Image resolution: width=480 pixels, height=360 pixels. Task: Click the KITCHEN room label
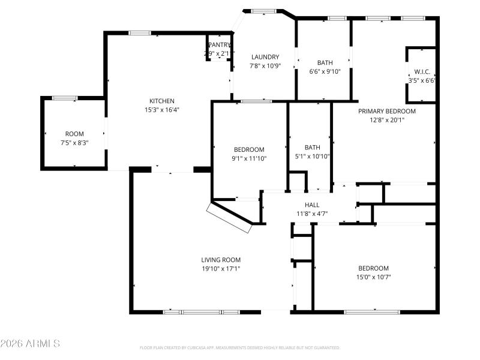click(162, 101)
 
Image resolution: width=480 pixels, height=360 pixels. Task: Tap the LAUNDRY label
click(265, 57)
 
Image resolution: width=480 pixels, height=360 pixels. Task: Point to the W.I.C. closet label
click(421, 71)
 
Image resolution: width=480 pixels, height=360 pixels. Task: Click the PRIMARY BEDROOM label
click(387, 111)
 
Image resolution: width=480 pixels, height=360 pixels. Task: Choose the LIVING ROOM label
click(221, 260)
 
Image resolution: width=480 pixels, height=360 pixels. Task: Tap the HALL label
click(312, 205)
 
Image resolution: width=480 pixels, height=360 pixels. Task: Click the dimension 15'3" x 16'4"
click(162, 110)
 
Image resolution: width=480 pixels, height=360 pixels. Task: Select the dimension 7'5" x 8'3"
click(74, 143)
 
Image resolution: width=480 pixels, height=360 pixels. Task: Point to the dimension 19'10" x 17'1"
click(221, 269)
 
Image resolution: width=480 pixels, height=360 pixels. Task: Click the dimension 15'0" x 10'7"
click(373, 277)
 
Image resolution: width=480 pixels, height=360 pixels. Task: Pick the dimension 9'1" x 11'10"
click(249, 158)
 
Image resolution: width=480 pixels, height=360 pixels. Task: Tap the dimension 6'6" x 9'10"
click(325, 71)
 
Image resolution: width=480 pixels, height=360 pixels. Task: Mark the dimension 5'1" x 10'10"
click(312, 156)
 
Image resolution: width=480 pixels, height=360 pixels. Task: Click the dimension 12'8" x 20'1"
click(387, 120)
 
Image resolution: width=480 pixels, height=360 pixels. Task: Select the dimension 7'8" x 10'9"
click(265, 66)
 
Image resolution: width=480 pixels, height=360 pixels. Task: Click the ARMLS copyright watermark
click(30, 344)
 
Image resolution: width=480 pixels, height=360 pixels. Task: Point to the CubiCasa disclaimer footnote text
click(240, 347)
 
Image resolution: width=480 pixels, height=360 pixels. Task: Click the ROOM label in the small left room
click(74, 134)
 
